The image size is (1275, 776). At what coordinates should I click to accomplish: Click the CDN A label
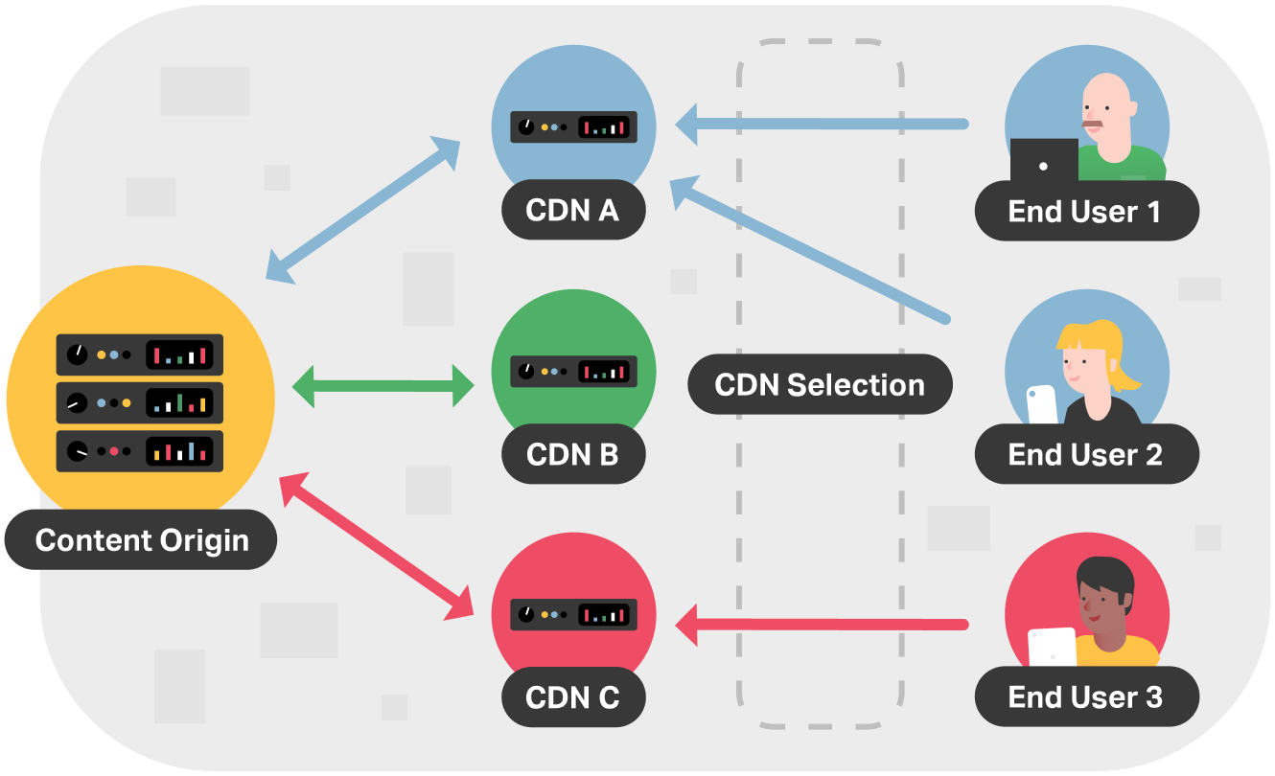[x=572, y=210]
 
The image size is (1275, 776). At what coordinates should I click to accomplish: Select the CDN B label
[x=572, y=453]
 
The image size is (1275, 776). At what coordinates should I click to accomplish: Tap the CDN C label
[x=572, y=696]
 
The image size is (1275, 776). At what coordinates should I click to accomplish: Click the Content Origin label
[x=142, y=539]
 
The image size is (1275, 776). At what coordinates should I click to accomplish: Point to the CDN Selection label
[x=820, y=385]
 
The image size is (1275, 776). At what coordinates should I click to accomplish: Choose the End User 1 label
[x=1085, y=211]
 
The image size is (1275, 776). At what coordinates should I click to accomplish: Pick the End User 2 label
[x=1085, y=454]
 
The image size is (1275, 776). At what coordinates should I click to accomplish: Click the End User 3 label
[x=1085, y=696]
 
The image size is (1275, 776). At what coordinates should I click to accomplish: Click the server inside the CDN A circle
[x=573, y=126]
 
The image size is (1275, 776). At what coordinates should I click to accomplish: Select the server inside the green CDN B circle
[x=573, y=370]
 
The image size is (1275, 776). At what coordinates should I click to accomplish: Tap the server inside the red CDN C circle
[x=573, y=613]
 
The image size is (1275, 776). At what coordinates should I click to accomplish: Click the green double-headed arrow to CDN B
[x=382, y=386]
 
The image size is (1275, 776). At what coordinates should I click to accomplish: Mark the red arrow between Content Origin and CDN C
[x=378, y=543]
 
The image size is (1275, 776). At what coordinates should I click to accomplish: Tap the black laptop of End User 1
[x=1044, y=161]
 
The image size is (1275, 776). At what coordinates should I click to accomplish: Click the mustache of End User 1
[x=1093, y=123]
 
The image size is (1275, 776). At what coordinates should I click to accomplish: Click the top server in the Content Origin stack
[x=140, y=354]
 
